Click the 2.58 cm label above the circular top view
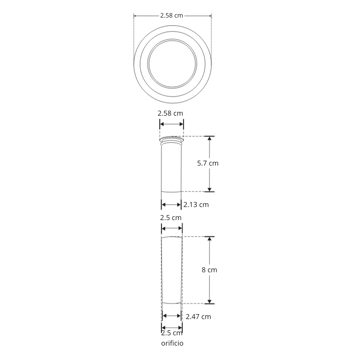[x=172, y=15]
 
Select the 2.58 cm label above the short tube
[x=170, y=113]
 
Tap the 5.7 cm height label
[x=207, y=163]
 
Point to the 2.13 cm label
[x=196, y=205]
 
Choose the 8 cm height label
[x=209, y=270]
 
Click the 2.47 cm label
[x=198, y=316]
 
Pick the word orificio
[x=172, y=343]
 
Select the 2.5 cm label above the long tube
[x=171, y=217]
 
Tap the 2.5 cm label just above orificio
[x=172, y=333]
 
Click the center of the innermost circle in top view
[x=172, y=63]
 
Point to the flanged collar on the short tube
[x=171, y=140]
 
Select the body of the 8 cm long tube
[x=172, y=270]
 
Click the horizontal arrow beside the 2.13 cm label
[x=171, y=205]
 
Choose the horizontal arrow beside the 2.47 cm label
[x=172, y=316]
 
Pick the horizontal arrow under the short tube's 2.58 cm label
[x=172, y=124]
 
